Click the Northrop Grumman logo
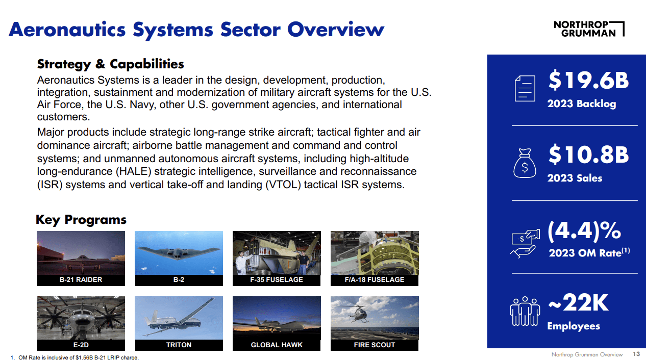click(588, 29)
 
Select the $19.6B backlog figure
click(588, 81)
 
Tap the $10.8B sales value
click(588, 155)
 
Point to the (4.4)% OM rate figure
click(584, 230)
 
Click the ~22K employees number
click(578, 303)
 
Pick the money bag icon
click(524, 163)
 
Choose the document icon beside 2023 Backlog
click(525, 89)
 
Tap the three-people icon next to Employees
click(525, 311)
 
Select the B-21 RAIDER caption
click(81, 280)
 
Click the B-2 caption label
click(179, 280)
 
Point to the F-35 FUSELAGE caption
click(277, 280)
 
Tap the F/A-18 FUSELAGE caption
click(375, 280)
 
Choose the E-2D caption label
click(81, 345)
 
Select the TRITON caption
click(179, 345)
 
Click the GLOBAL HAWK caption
click(277, 345)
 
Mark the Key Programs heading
click(81, 220)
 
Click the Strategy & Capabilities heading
click(110, 64)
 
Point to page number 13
click(636, 354)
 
